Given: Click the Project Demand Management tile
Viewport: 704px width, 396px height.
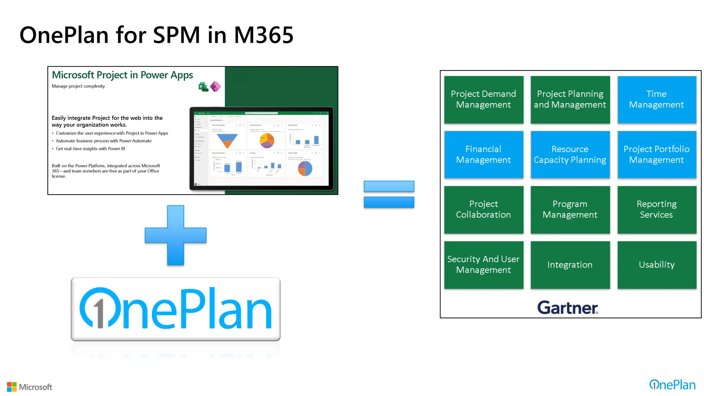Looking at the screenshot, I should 483,100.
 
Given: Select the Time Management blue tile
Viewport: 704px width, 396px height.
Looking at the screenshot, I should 657,100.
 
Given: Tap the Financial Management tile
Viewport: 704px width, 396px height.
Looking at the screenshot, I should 483,155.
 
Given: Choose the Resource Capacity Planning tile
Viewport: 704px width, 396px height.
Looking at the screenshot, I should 570,155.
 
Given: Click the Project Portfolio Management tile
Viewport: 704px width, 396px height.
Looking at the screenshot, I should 657,155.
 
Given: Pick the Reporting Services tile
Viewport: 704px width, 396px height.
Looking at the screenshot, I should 657,210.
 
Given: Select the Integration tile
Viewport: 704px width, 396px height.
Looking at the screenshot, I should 570,265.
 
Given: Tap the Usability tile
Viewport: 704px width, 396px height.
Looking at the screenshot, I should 657,265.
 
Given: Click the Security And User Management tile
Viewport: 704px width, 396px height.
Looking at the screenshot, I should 483,265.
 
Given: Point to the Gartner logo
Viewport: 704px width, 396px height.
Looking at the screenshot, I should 568,307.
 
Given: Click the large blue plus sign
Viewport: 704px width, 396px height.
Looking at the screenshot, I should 176,235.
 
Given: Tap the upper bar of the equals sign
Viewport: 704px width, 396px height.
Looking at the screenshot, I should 389,186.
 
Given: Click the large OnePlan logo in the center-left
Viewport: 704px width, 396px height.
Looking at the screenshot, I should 176,309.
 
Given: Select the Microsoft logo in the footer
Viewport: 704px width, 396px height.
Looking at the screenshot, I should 30,387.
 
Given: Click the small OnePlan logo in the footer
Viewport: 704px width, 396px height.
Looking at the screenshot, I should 672,385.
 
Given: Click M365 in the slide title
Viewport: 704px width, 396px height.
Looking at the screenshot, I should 264,35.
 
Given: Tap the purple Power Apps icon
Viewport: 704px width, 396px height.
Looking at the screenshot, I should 216,86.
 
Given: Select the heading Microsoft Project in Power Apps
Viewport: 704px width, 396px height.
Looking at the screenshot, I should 122,75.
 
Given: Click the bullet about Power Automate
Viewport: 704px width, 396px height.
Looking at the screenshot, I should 103,141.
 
